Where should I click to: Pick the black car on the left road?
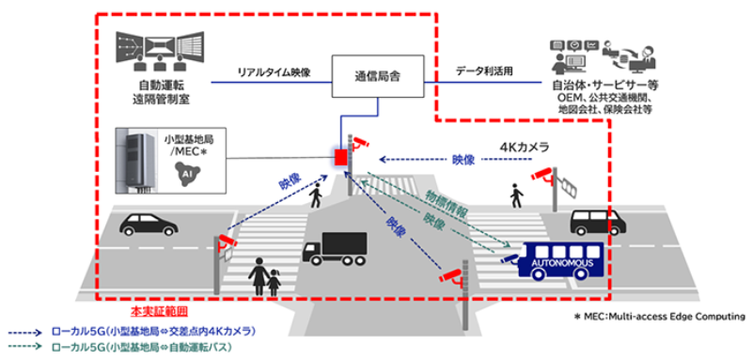click(x=149, y=226)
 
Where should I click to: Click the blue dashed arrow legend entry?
click(x=141, y=333)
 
